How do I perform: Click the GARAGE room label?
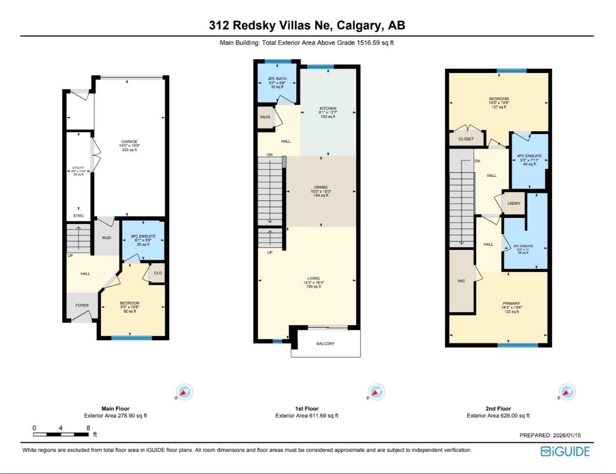pyautogui.click(x=130, y=142)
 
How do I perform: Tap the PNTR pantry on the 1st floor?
pyautogui.click(x=265, y=117)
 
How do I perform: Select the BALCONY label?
pyautogui.click(x=325, y=344)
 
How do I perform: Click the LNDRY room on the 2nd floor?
pyautogui.click(x=514, y=203)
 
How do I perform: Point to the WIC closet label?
pyautogui.click(x=461, y=281)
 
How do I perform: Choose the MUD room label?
pyautogui.click(x=106, y=238)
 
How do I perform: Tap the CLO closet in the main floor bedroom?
pyautogui.click(x=158, y=273)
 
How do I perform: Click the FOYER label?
pyautogui.click(x=82, y=305)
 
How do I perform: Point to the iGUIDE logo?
pyautogui.click(x=565, y=451)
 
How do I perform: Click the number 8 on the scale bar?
pyautogui.click(x=88, y=428)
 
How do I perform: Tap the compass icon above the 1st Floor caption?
pyautogui.click(x=375, y=392)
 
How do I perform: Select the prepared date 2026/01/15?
pyautogui.click(x=564, y=435)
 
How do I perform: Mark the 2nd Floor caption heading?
pyautogui.click(x=498, y=409)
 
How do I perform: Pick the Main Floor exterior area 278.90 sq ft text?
pyautogui.click(x=115, y=416)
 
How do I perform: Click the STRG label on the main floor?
pyautogui.click(x=78, y=216)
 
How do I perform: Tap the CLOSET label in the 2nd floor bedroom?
pyautogui.click(x=466, y=139)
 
